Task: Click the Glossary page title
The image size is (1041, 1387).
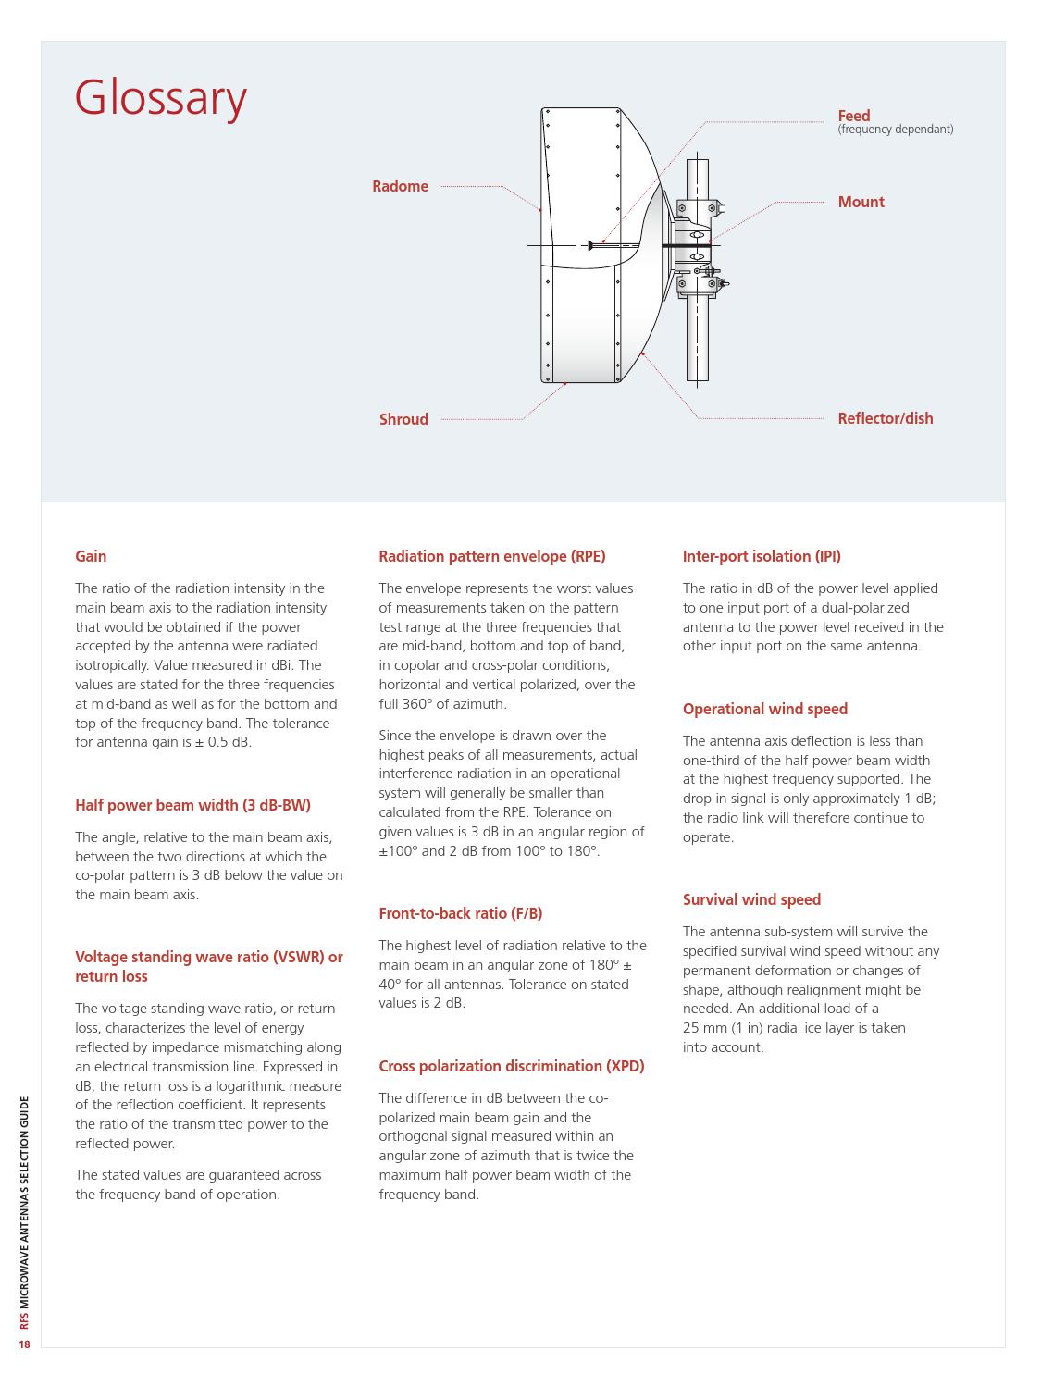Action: tap(161, 98)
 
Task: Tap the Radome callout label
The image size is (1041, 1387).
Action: tap(400, 187)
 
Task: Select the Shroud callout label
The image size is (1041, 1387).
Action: tap(403, 420)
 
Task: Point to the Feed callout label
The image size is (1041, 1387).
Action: tap(853, 116)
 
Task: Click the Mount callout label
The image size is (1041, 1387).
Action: tap(861, 203)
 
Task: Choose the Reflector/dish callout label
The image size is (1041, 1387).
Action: tap(885, 419)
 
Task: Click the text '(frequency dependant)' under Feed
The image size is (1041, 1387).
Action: tap(895, 130)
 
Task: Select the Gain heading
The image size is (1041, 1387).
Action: tap(91, 557)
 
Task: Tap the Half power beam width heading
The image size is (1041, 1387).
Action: tap(192, 805)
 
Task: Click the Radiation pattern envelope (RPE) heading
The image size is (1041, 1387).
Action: tap(491, 557)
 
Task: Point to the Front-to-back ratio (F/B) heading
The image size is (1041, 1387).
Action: tap(460, 914)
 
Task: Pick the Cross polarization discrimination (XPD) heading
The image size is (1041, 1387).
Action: tap(511, 1067)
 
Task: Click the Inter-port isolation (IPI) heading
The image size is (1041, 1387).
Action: tap(761, 557)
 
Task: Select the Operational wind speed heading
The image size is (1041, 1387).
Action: tap(764, 710)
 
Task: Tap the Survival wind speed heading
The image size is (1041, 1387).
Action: tap(751, 900)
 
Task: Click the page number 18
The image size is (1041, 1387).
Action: tap(25, 1344)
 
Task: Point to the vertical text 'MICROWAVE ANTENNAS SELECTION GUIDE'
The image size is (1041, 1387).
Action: tap(25, 1203)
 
